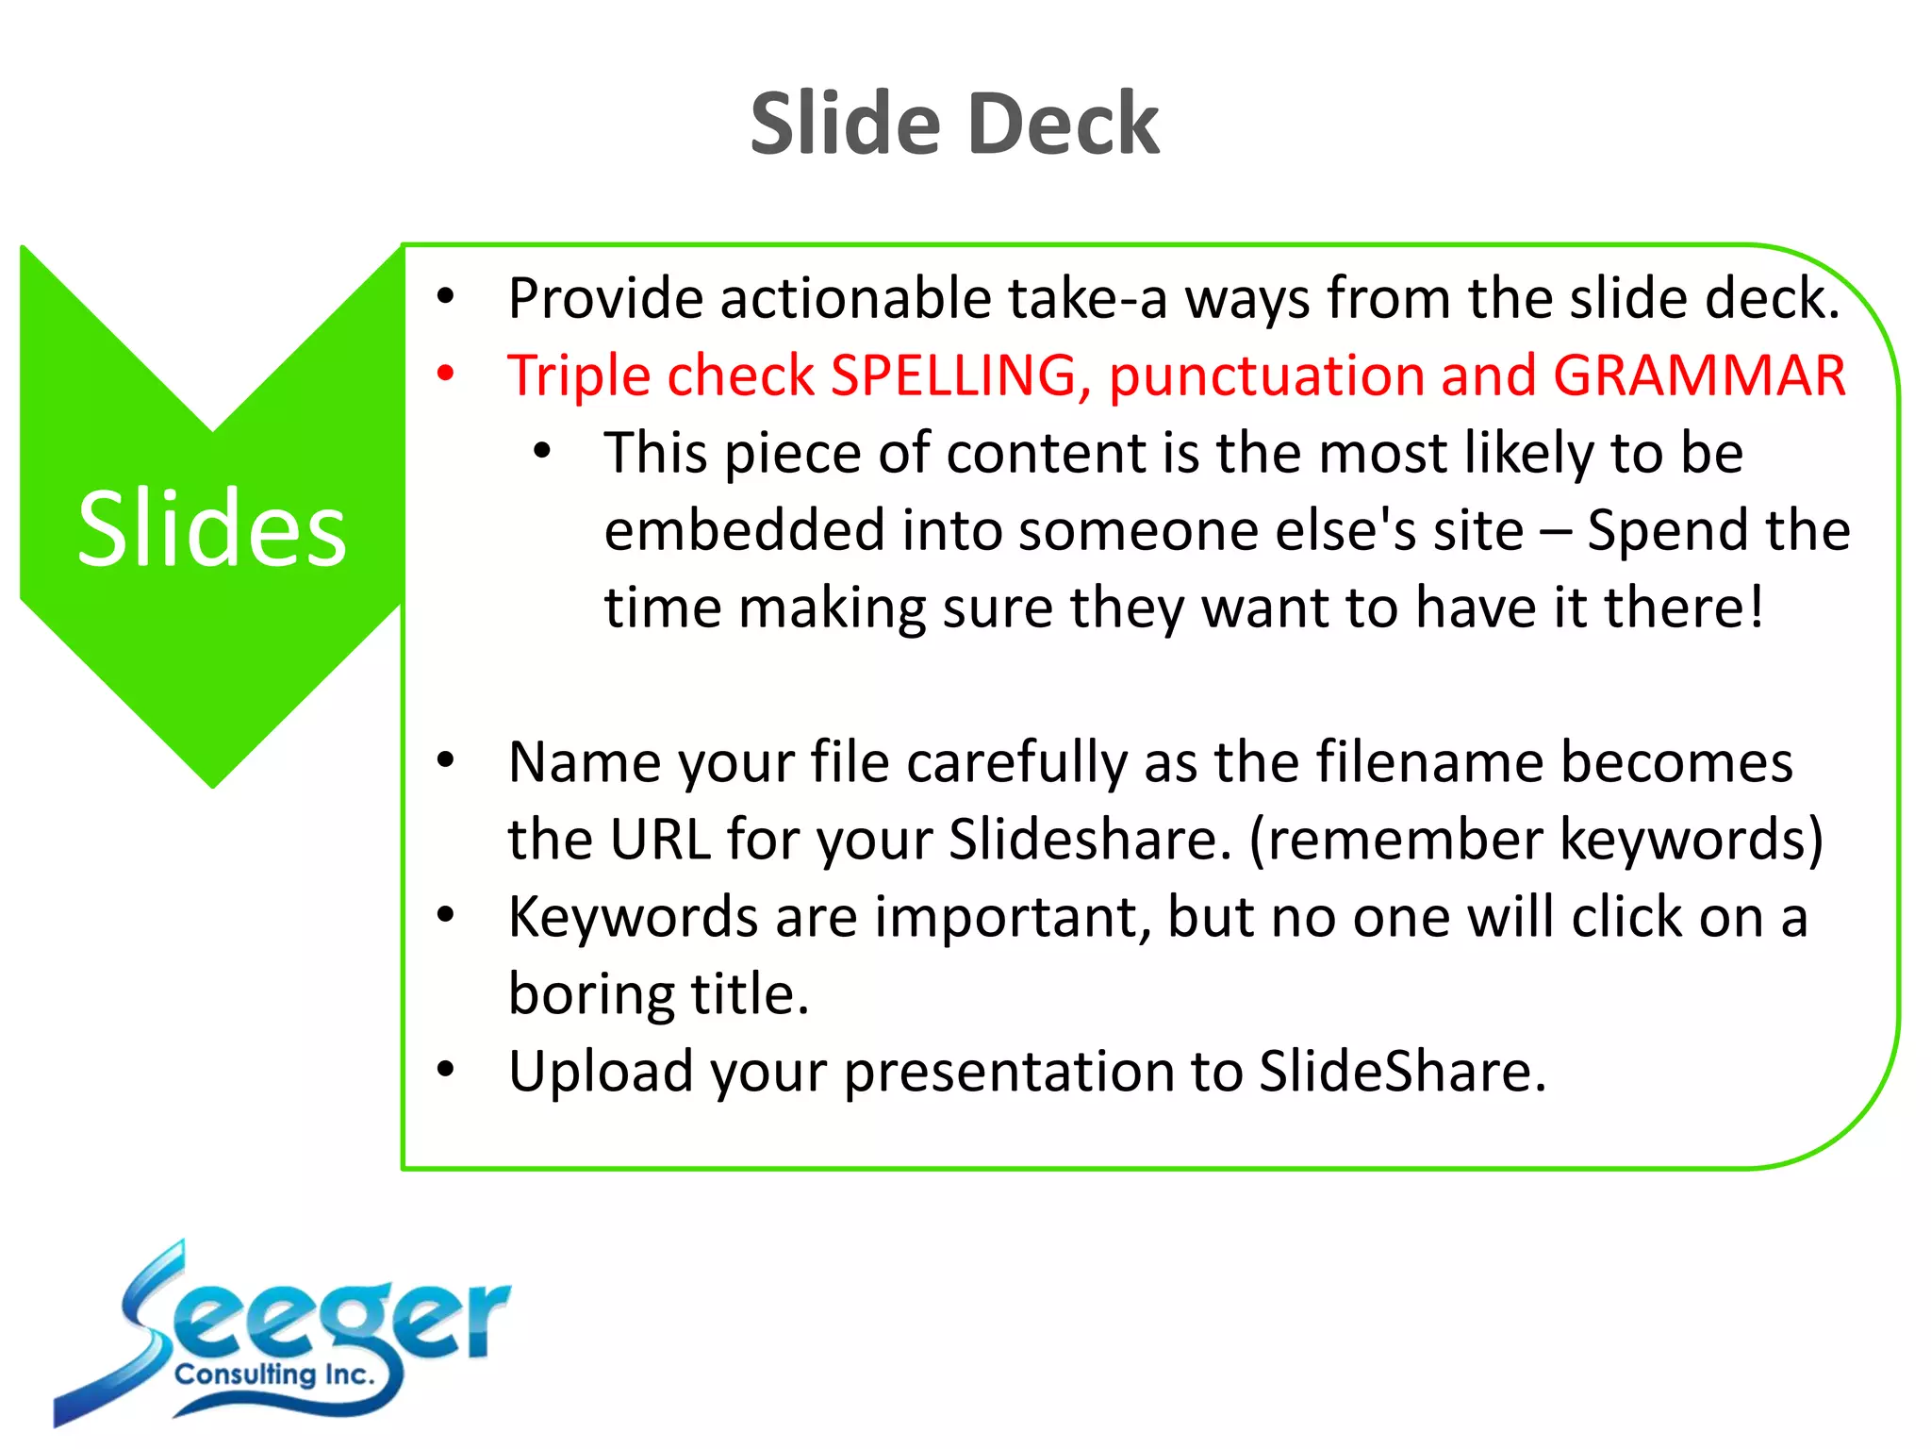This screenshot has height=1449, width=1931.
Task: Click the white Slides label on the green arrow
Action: point(212,529)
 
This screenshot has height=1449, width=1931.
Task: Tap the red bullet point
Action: point(446,374)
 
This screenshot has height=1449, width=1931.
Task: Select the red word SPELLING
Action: point(953,375)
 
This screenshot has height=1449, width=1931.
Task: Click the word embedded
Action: point(744,529)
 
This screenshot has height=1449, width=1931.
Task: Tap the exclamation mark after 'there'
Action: point(1757,607)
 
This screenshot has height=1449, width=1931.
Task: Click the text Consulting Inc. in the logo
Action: point(274,1374)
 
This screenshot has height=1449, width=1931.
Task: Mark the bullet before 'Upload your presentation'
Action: point(446,1070)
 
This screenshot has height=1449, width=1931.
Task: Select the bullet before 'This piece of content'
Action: point(542,451)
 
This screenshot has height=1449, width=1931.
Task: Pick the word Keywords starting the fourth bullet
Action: point(633,917)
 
